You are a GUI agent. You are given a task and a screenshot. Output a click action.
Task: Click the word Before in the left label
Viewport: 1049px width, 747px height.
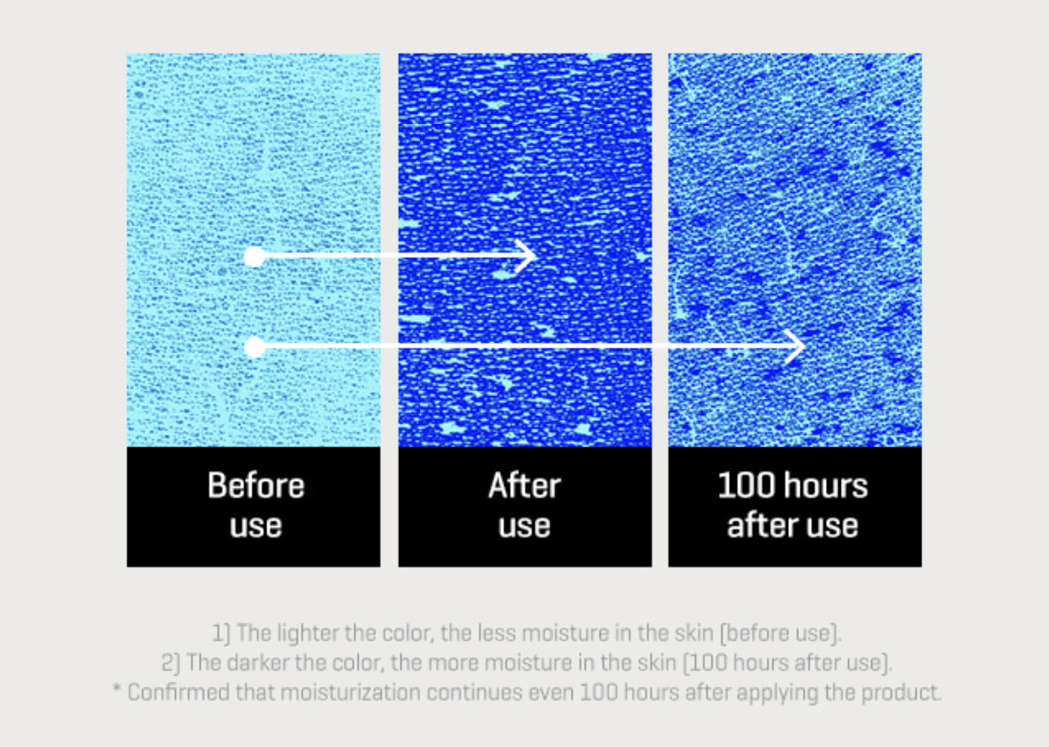[x=256, y=485]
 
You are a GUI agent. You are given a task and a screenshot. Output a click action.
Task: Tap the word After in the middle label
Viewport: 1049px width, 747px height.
[x=524, y=485]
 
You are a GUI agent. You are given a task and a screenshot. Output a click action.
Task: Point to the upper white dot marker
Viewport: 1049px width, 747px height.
[x=255, y=257]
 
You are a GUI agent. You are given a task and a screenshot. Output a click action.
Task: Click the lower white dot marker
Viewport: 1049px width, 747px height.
[x=255, y=347]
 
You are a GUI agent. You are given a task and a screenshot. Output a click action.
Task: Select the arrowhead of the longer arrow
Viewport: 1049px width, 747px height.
[x=795, y=347]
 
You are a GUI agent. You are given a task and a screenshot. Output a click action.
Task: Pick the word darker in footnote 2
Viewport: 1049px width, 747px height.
[x=258, y=663]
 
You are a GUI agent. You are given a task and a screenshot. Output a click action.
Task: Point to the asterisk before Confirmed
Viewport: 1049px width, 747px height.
[x=117, y=689]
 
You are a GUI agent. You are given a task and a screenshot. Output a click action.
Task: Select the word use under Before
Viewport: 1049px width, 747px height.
[x=256, y=526]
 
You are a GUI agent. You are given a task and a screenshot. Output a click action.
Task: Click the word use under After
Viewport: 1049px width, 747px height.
[x=524, y=526]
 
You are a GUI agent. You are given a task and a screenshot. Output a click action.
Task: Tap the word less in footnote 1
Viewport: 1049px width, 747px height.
[x=496, y=633]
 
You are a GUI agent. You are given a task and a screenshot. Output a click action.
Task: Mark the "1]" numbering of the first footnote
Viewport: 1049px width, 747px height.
[x=221, y=633]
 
